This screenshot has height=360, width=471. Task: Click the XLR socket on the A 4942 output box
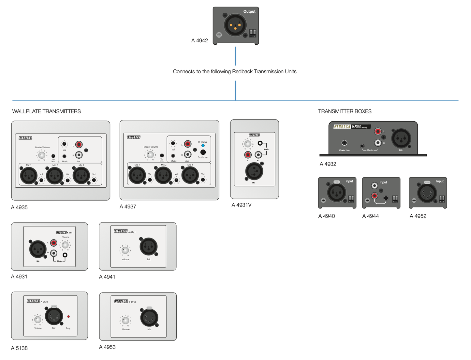tap(235, 25)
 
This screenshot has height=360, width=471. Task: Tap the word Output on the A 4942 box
tap(249, 11)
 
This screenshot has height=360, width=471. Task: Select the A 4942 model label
tap(199, 41)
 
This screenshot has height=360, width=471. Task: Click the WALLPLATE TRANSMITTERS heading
tap(47, 111)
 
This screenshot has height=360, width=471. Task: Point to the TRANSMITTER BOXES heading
tap(345, 111)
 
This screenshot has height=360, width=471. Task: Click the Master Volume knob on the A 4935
tap(42, 155)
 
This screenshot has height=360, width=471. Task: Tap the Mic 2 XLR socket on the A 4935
tap(54, 176)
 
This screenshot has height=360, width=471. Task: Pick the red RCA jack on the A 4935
tap(79, 144)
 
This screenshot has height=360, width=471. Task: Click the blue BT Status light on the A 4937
tap(203, 145)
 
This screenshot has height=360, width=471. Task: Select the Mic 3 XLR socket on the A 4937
tap(190, 175)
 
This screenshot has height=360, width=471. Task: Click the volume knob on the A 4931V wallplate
tap(248, 144)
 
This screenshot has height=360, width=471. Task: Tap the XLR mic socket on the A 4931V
tap(254, 171)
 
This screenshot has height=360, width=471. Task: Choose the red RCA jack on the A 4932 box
tap(378, 131)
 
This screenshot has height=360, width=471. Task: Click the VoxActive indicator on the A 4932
tap(344, 143)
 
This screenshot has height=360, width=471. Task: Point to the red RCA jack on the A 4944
tap(375, 196)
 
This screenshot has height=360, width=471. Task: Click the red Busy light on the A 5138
tap(68, 316)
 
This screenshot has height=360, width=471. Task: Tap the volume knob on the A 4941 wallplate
tap(125, 250)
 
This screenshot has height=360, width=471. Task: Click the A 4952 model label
tap(418, 216)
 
